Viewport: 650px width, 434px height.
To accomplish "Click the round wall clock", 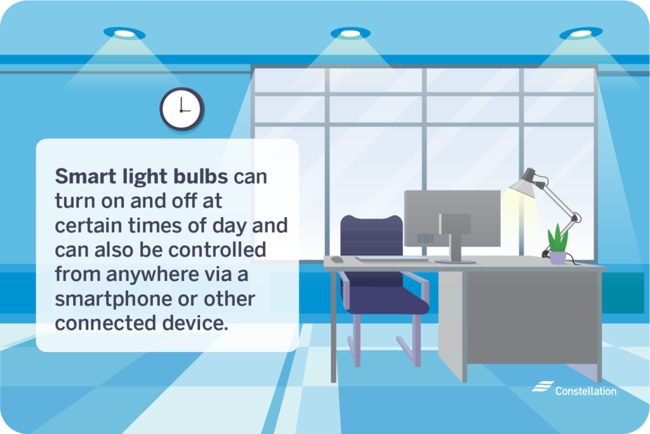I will (182, 109).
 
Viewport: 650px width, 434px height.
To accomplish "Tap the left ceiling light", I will (124, 32).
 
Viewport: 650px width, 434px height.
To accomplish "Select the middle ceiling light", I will (350, 32).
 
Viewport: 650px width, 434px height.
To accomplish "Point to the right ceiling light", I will (580, 32).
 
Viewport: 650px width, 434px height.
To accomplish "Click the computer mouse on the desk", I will (336, 259).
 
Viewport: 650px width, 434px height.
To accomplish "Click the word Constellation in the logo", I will (585, 391).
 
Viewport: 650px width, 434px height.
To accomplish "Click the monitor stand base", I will (454, 261).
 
